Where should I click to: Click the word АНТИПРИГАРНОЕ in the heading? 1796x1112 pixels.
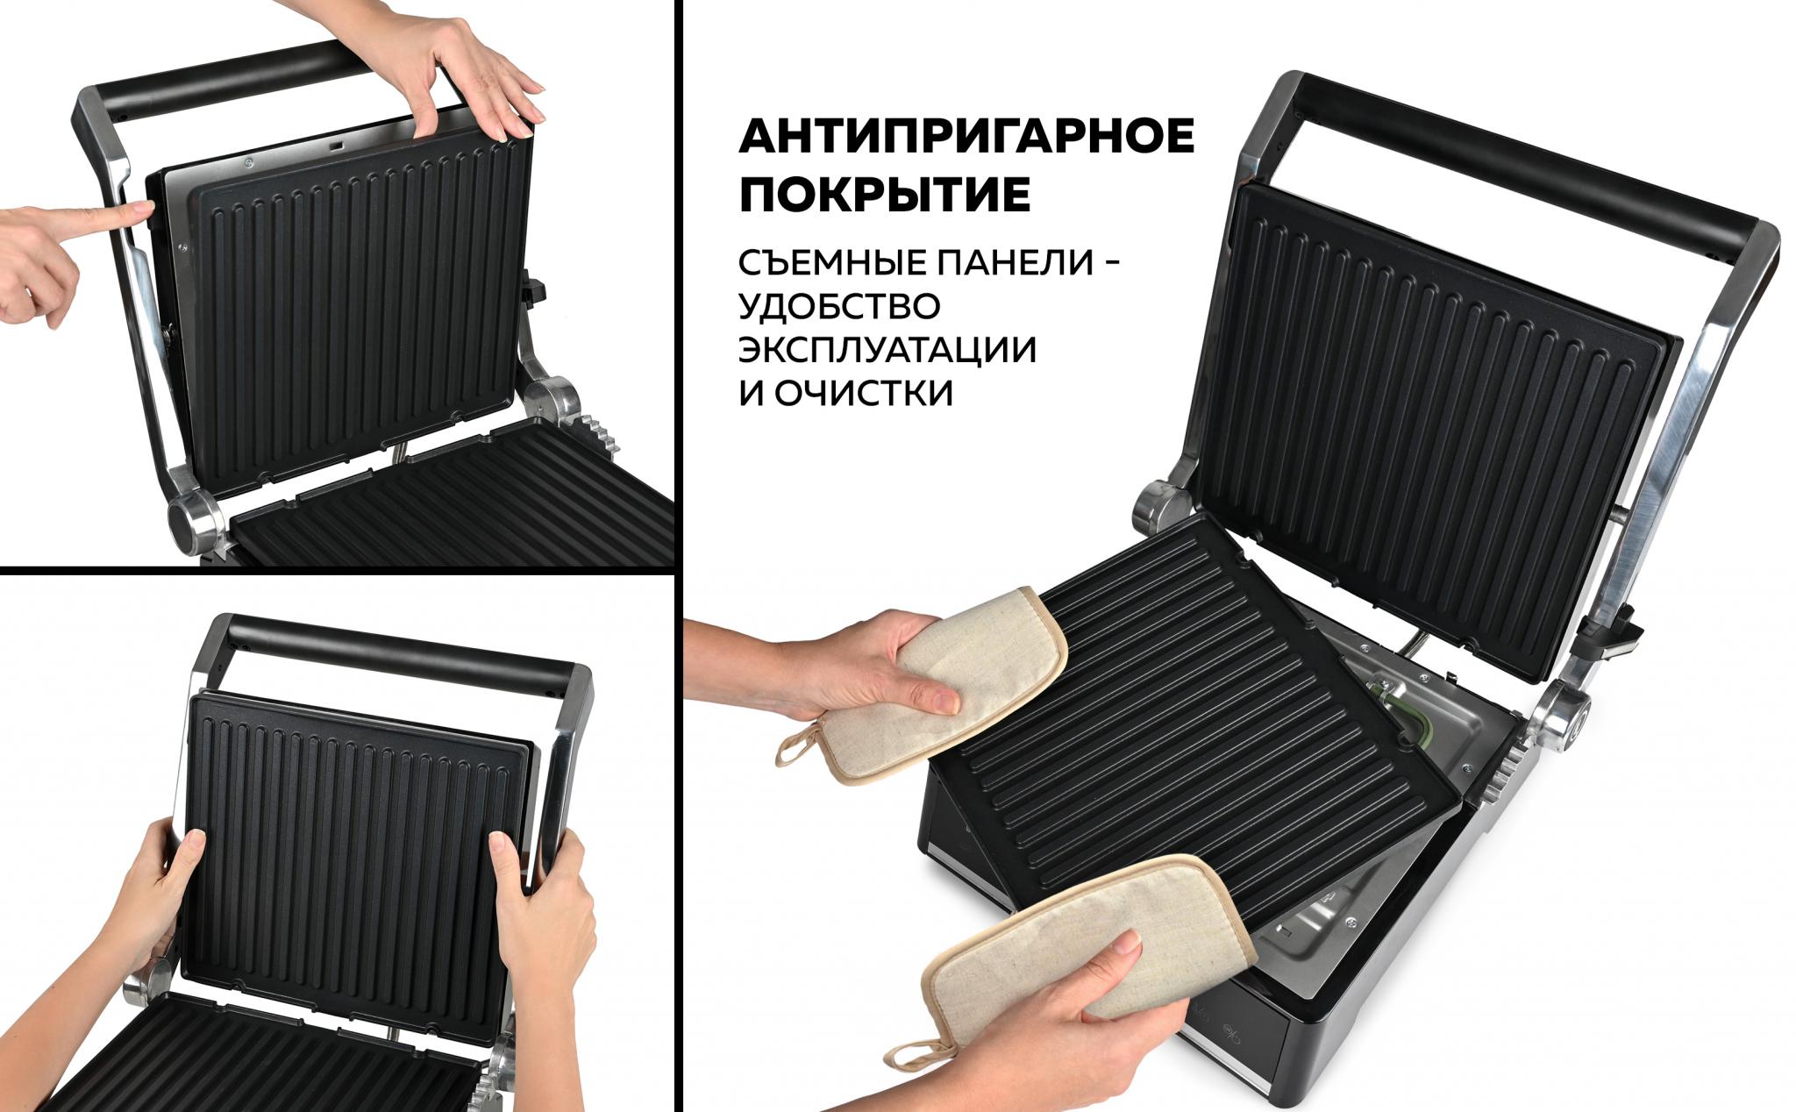(x=966, y=136)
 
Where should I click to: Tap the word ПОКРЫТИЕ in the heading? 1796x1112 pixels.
(x=884, y=196)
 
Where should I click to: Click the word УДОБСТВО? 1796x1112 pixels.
(x=839, y=306)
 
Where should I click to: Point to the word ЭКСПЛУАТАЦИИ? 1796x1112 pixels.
(x=887, y=350)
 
